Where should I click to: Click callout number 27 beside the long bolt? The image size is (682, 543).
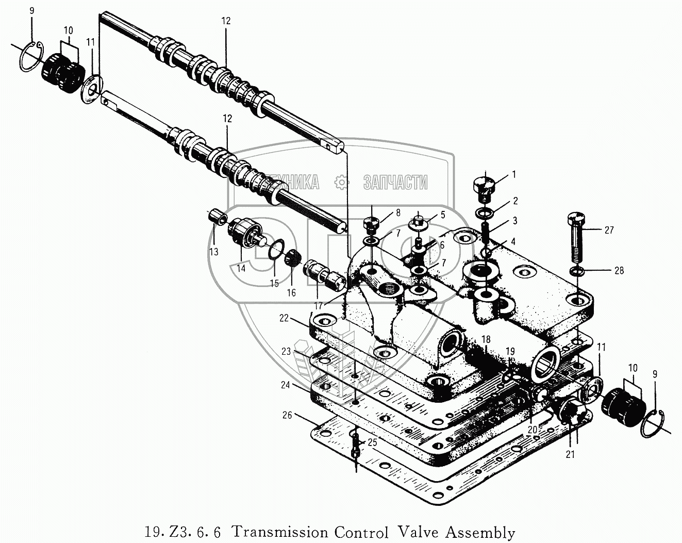[609, 230]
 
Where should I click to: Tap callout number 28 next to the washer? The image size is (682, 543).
[619, 270]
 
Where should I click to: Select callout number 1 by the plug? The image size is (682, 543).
[513, 175]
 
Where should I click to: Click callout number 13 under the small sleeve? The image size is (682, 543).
[213, 252]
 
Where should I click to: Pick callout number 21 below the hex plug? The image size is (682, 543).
[570, 454]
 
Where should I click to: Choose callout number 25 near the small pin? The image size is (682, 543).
[372, 442]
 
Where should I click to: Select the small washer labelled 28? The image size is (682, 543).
[577, 271]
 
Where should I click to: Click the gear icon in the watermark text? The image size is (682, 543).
[341, 182]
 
